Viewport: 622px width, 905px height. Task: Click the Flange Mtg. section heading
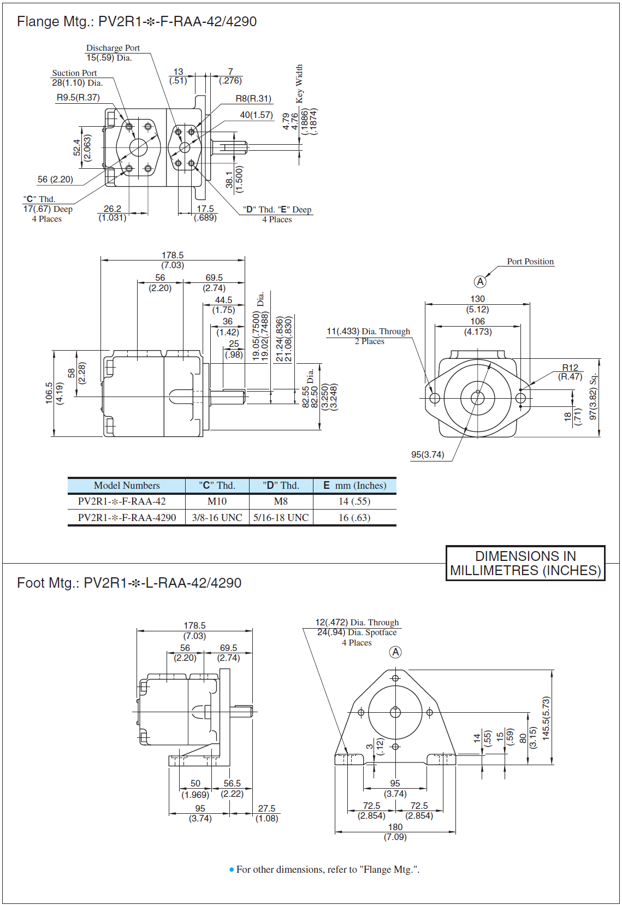pos(137,21)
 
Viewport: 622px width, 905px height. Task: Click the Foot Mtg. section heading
pos(129,583)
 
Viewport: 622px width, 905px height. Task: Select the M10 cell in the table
pos(217,501)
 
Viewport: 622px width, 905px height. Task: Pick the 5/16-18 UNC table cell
pos(281,518)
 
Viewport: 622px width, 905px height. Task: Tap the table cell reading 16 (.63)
pos(354,518)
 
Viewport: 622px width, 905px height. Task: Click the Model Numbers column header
pos(127,486)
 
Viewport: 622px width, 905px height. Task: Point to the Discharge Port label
pos(112,48)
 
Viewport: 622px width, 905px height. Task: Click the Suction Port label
pos(74,73)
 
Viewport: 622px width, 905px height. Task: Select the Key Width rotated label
pos(299,84)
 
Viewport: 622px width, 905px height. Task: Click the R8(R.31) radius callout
pos(253,99)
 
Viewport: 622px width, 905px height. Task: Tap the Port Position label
pos(530,262)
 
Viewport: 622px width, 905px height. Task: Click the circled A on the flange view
pos(479,282)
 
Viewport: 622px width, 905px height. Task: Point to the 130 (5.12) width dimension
pos(477,304)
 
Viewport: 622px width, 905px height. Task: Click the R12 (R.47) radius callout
pos(570,372)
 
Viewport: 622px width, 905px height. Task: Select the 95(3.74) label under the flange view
pos(428,455)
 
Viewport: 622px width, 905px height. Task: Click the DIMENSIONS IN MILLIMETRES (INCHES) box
pos(525,563)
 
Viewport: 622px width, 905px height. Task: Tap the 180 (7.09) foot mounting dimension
pos(395,832)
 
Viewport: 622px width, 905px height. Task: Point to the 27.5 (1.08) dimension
pos(266,813)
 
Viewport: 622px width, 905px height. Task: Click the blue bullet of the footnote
pos(232,869)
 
